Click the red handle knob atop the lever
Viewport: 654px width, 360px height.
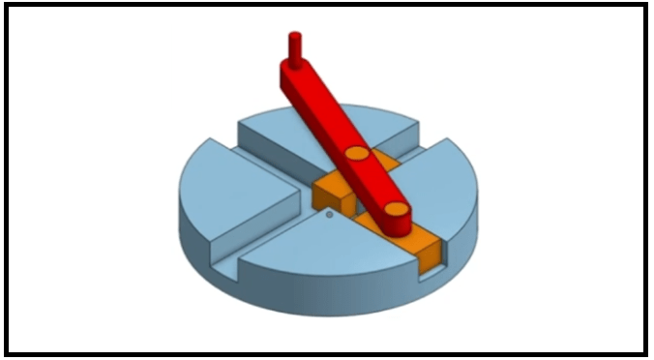295,45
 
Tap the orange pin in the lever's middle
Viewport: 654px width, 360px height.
356,154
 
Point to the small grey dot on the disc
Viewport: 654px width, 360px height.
329,215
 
